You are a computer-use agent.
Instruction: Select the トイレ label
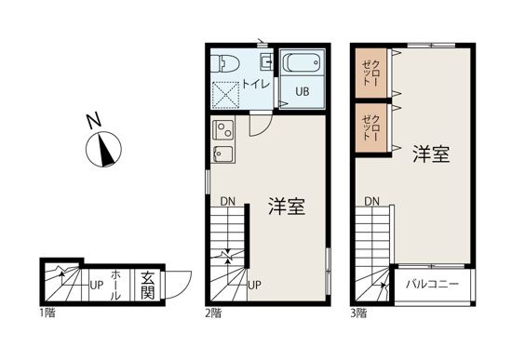[255, 84]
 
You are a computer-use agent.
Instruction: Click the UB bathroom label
[303, 92]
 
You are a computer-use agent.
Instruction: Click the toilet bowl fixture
[224, 63]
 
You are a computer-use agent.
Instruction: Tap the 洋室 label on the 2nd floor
[288, 206]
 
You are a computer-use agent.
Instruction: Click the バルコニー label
[432, 283]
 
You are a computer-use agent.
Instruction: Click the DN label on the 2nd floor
[227, 201]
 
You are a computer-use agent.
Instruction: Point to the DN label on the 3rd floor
[371, 201]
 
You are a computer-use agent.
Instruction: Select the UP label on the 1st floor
[96, 284]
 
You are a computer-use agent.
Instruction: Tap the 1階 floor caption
[47, 313]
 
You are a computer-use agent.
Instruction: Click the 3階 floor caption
[359, 313]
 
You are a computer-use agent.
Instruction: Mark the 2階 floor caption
[213, 313]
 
